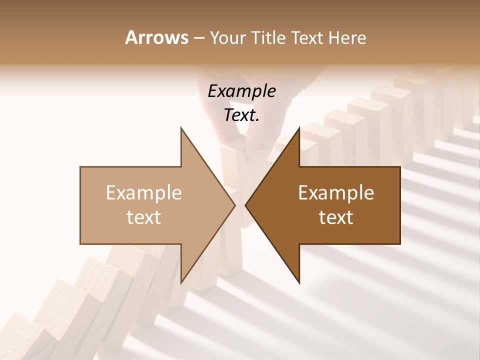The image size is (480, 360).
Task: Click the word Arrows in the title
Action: (x=156, y=37)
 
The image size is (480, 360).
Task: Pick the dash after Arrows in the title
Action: (x=199, y=38)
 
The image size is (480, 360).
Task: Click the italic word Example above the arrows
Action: (x=241, y=91)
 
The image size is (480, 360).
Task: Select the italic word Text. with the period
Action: (x=241, y=115)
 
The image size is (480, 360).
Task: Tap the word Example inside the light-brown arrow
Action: (x=143, y=193)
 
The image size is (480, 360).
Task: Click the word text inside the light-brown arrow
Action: (x=143, y=217)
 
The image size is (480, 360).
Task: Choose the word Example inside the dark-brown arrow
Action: (x=336, y=193)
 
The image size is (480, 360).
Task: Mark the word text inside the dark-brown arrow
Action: (x=336, y=217)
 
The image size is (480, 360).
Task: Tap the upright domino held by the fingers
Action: (x=231, y=165)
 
